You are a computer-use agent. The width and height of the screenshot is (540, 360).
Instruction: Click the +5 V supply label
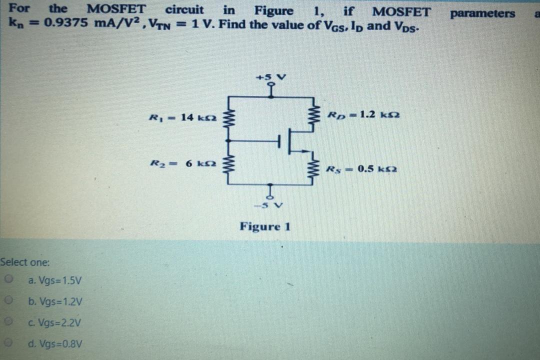(x=270, y=77)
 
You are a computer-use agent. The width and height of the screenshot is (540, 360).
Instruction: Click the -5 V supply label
(x=270, y=205)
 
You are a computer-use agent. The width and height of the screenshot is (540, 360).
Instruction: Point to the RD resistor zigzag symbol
(x=315, y=117)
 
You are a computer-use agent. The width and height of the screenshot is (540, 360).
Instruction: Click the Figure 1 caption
(x=264, y=226)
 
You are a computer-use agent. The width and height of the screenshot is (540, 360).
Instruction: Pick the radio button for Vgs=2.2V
(x=8, y=322)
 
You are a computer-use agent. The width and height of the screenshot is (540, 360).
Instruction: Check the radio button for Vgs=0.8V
(x=8, y=343)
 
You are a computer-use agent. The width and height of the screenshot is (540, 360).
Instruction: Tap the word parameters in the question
(x=482, y=13)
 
